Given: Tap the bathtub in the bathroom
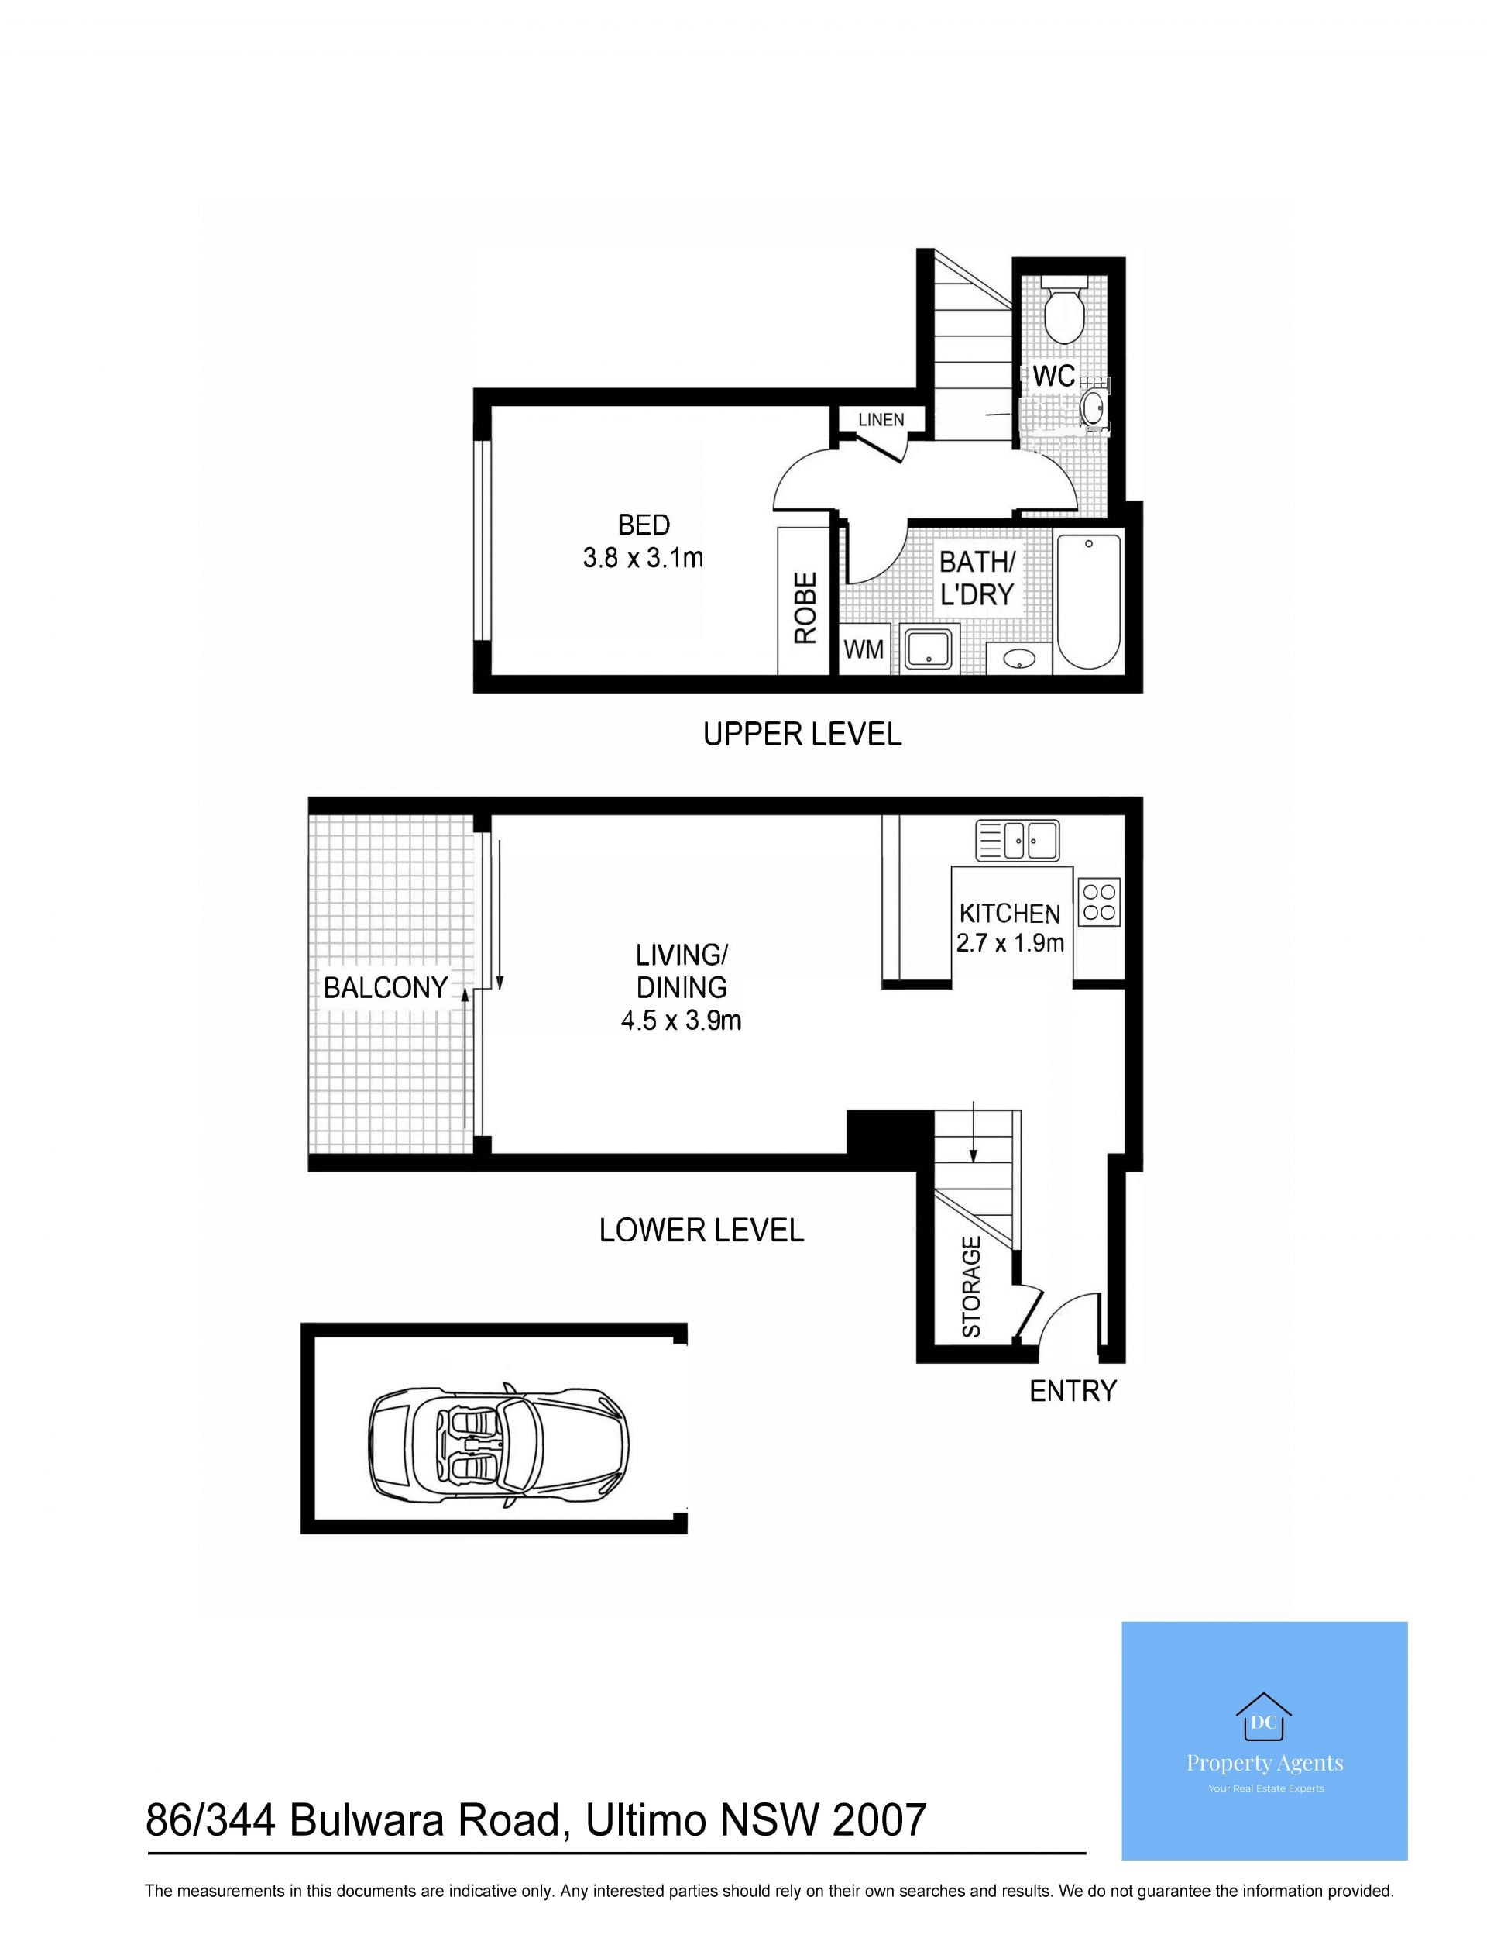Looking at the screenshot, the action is pos(1089,601).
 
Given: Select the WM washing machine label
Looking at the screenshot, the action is pos(863,650).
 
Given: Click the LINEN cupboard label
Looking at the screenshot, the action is pos(881,420).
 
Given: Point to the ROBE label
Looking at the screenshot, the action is pos(805,608).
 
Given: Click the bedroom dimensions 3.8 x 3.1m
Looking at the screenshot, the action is pos(644,558).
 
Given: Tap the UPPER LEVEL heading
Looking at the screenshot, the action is pos(802,734).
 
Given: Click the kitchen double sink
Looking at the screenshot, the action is pos(1017,840).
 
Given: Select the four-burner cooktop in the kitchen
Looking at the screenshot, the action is pos(1099,902).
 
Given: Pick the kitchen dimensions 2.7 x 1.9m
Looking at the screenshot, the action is pos(1010,944).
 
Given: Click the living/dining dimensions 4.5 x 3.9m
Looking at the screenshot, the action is pos(681,1021).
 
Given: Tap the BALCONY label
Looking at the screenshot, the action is pos(385,988).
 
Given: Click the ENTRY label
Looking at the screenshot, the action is pos(1073,1391).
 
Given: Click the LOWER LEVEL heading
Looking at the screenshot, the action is pos(701,1231).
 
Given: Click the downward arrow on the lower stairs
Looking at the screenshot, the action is pos(974,1131).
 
